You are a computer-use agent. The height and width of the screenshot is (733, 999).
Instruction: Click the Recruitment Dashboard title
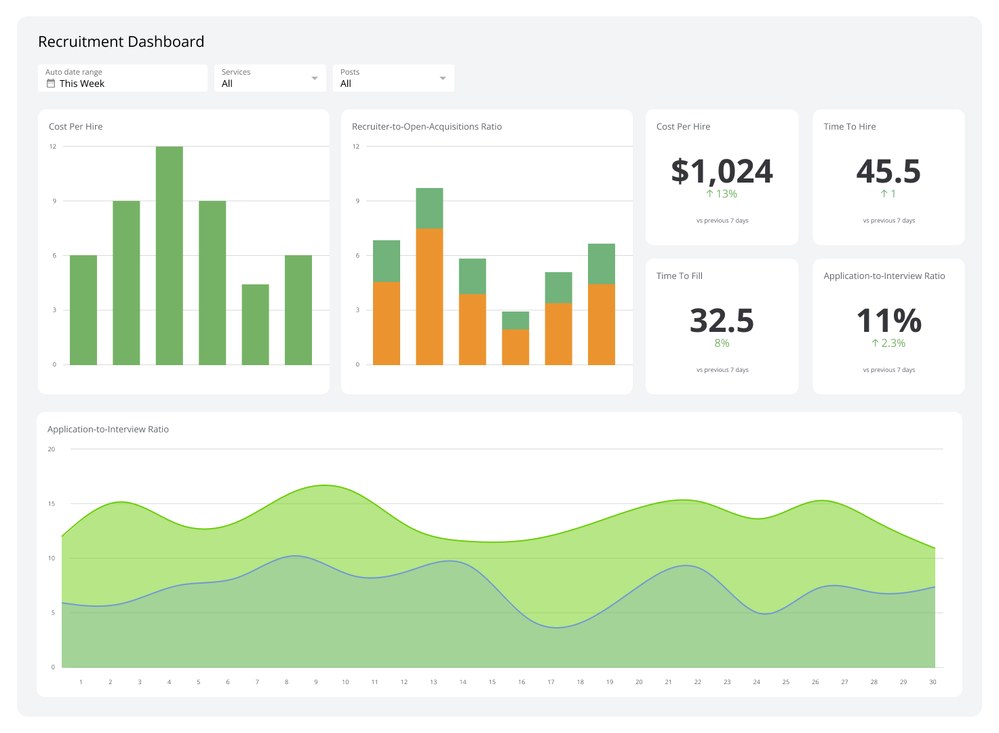(121, 42)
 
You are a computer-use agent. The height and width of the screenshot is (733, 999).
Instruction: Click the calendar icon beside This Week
(51, 83)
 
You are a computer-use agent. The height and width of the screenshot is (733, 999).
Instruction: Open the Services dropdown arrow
(314, 79)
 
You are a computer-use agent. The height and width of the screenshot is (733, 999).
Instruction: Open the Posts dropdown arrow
(442, 79)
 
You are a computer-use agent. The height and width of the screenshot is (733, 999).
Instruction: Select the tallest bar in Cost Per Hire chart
(169, 255)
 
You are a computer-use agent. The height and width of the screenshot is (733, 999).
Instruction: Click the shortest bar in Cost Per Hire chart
(255, 324)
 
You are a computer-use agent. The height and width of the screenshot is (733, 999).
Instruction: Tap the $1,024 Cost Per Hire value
(722, 171)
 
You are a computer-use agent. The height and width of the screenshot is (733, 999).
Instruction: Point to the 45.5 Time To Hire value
(888, 171)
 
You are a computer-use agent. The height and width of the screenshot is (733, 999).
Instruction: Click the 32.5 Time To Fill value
(722, 320)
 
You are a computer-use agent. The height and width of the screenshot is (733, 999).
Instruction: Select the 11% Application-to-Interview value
(888, 320)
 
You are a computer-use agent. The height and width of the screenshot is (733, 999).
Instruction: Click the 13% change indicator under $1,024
(722, 194)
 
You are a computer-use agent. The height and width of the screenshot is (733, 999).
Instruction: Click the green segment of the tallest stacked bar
(429, 208)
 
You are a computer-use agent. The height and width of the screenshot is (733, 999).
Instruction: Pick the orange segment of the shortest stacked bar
(515, 347)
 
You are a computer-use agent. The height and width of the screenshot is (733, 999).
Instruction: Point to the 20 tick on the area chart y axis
(52, 449)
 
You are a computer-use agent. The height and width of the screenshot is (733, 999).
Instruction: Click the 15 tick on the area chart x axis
(492, 682)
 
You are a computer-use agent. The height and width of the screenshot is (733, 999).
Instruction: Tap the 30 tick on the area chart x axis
(933, 682)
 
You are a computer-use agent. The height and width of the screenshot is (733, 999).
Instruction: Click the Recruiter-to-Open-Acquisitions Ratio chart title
(427, 127)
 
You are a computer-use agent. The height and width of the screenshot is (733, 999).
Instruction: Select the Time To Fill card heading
(679, 276)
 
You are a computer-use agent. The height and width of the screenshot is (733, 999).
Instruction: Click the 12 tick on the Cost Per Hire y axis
(53, 147)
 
